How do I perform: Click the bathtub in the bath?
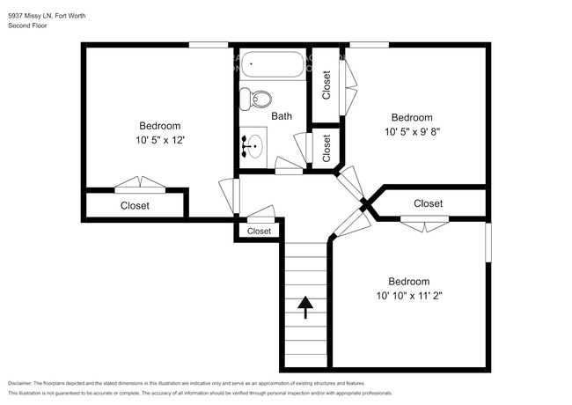click(273, 65)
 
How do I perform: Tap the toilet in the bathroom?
click(258, 98)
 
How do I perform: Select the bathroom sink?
click(254, 144)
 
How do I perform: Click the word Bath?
click(282, 116)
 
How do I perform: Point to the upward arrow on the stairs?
click(305, 306)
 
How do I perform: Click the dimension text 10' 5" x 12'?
click(159, 140)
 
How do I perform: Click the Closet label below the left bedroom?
click(135, 206)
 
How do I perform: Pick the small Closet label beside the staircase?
click(259, 232)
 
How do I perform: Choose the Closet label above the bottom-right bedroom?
click(428, 203)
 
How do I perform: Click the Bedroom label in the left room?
click(159, 125)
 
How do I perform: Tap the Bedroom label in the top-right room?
click(411, 118)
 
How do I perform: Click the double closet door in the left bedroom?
click(140, 186)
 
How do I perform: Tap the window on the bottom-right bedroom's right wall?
click(488, 242)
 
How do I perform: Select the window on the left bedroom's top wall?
click(209, 44)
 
